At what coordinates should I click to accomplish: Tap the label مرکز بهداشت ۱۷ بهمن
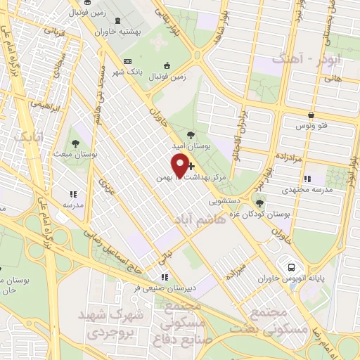(x=211, y=179)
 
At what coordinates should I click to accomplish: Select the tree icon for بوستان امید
(x=191, y=134)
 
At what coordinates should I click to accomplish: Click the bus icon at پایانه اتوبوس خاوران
(x=290, y=266)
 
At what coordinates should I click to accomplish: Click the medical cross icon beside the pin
(x=191, y=165)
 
